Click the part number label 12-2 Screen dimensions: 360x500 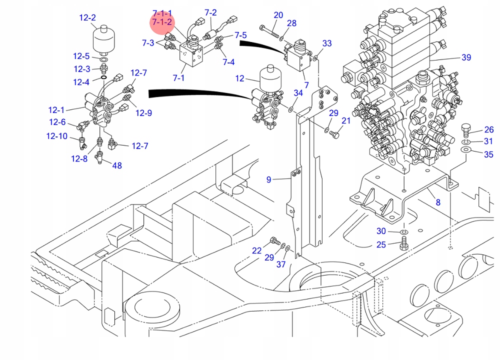click(x=87, y=18)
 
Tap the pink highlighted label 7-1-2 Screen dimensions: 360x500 click(x=162, y=22)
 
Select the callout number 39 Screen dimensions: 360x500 click(x=466, y=57)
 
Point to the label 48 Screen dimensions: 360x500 click(x=116, y=165)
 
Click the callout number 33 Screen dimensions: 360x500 click(x=326, y=43)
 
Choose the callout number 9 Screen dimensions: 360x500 click(x=268, y=179)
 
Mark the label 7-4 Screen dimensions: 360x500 click(x=228, y=62)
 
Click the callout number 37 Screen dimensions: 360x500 click(x=281, y=264)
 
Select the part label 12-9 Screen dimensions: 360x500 click(x=142, y=113)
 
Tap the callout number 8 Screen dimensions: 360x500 click(x=438, y=202)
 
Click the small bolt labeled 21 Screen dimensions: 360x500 click(x=335, y=133)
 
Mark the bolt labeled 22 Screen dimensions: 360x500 click(x=273, y=241)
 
